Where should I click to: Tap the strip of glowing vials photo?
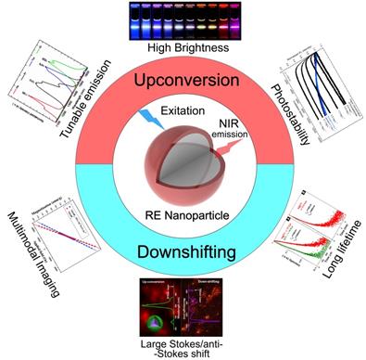pos(183,16)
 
